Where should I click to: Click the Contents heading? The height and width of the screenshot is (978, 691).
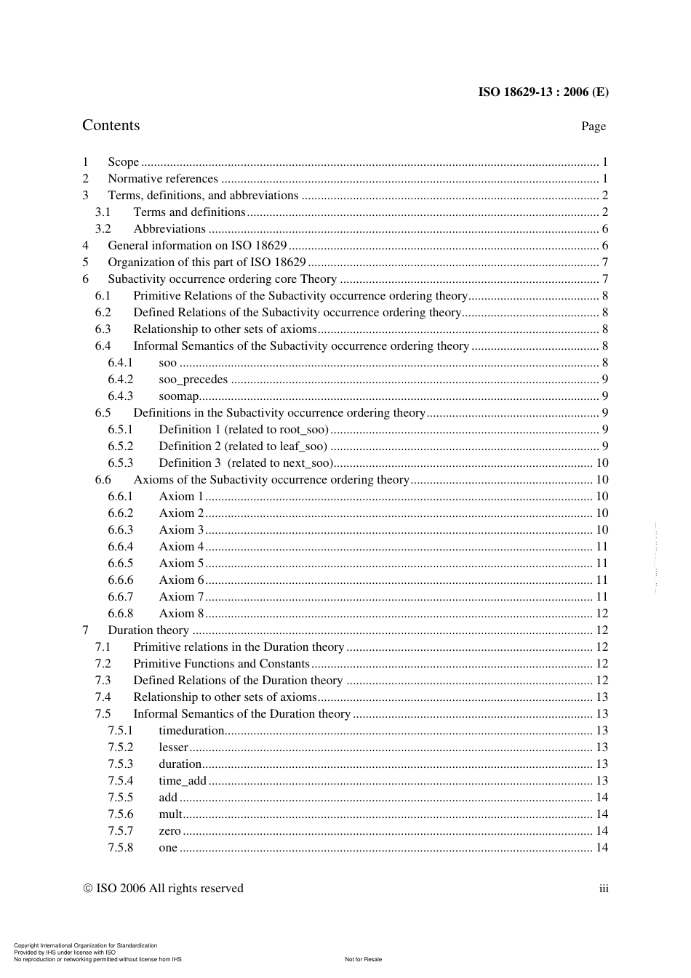pos(111,125)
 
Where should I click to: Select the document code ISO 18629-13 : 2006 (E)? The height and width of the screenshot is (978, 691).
pos(543,92)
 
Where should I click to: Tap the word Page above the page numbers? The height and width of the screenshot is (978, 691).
pos(593,127)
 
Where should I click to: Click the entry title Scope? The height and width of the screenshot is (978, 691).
pos(123,162)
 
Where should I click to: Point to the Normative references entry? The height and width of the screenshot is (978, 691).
pos(162,179)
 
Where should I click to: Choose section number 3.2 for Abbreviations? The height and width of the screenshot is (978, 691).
pos(103,229)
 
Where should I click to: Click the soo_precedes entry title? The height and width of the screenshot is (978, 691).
pos(193,380)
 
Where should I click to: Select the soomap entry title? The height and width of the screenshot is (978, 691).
pos(178,396)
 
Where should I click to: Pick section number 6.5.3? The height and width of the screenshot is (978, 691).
pos(121,463)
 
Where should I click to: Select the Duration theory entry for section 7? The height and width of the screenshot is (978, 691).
pos(148,630)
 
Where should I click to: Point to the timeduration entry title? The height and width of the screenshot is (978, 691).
pos(191,731)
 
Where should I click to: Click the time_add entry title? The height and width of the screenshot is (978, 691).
pos(183,781)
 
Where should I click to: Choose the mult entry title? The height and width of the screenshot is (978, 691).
pos(170,814)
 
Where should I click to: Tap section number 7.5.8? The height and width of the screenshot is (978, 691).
pos(121,848)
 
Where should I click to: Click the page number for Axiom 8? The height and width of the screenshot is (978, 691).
pos(602,614)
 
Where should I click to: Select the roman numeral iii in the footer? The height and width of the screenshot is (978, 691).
pos(604,889)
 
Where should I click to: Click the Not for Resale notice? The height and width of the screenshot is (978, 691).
pos(363,959)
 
